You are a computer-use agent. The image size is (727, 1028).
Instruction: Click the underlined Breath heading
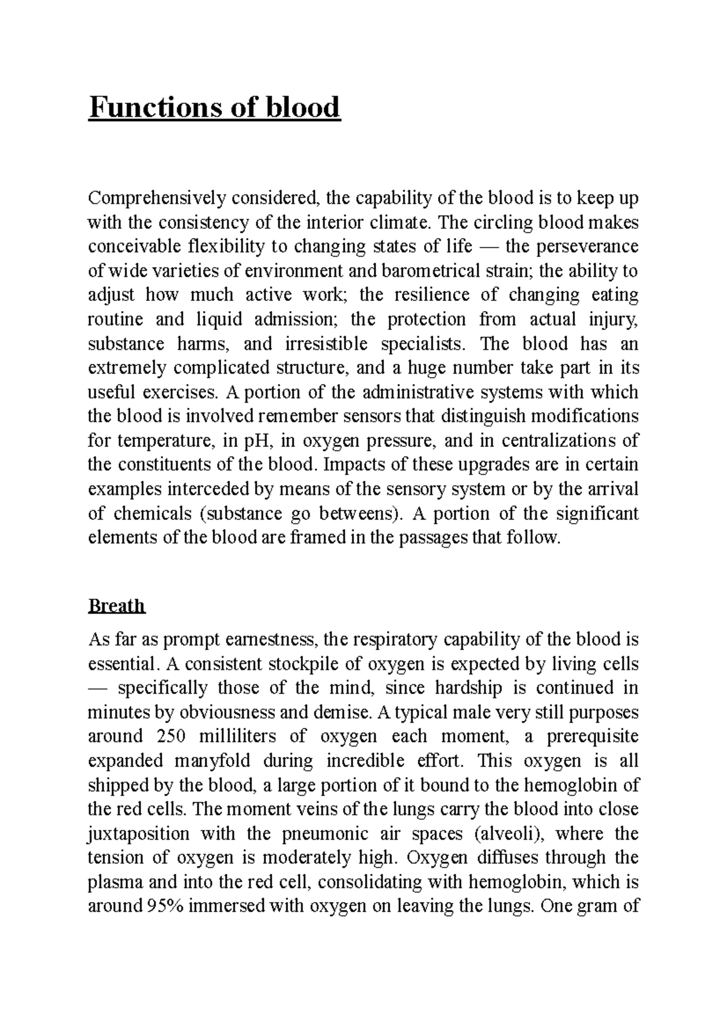(116, 605)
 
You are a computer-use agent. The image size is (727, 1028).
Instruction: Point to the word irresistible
(325, 344)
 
